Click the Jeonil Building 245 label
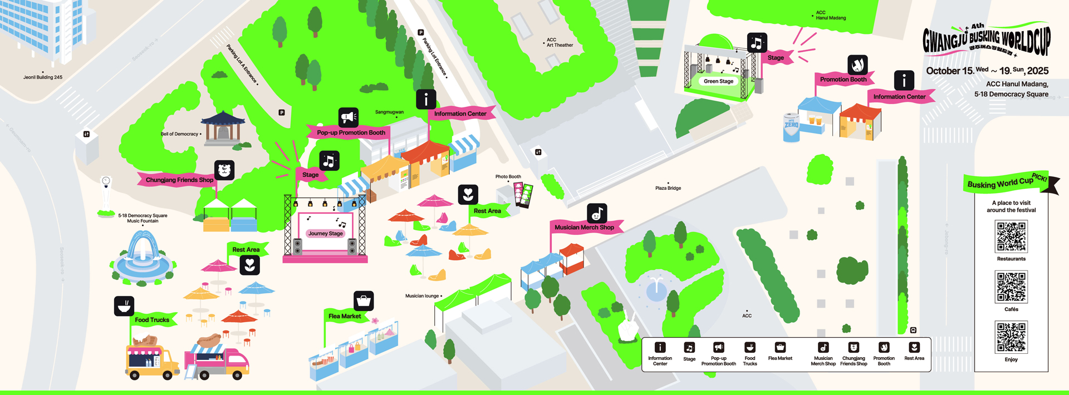tap(43, 77)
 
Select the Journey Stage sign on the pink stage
tap(326, 234)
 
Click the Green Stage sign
tap(718, 81)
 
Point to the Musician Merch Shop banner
tap(584, 227)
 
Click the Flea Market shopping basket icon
tap(364, 301)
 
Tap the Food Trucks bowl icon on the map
tap(124, 306)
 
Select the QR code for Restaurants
tap(1011, 236)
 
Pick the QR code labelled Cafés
tap(1011, 287)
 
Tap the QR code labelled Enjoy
tap(1011, 337)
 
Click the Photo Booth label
tap(508, 177)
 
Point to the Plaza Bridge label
tap(668, 188)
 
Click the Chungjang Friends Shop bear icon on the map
tap(224, 170)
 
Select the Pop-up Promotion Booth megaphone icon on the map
tap(349, 117)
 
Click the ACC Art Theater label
tap(560, 42)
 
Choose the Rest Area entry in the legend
tap(914, 352)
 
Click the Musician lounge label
tap(422, 296)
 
